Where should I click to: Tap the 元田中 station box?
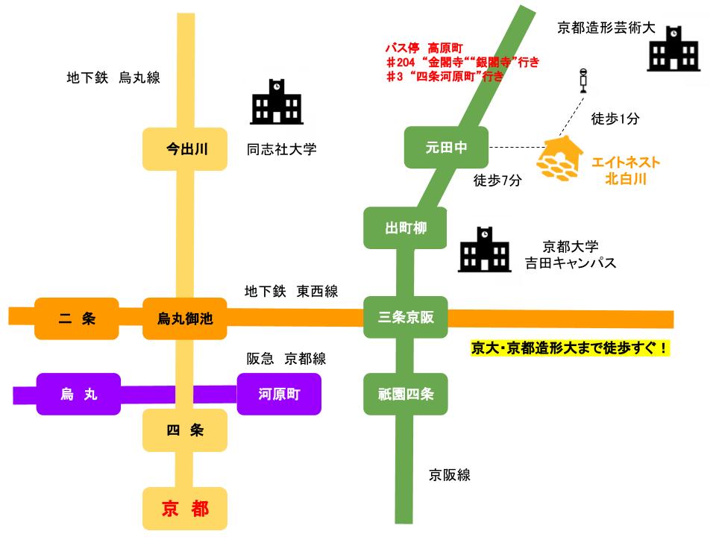point(446,148)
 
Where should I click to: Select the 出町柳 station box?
point(405,228)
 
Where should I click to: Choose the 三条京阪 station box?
point(405,318)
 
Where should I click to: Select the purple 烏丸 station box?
point(78,394)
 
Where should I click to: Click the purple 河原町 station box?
point(279,394)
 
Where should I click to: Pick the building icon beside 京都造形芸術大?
point(673,50)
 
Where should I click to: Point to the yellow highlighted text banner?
point(571,348)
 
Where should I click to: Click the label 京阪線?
point(450,474)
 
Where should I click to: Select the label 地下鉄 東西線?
point(291,292)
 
